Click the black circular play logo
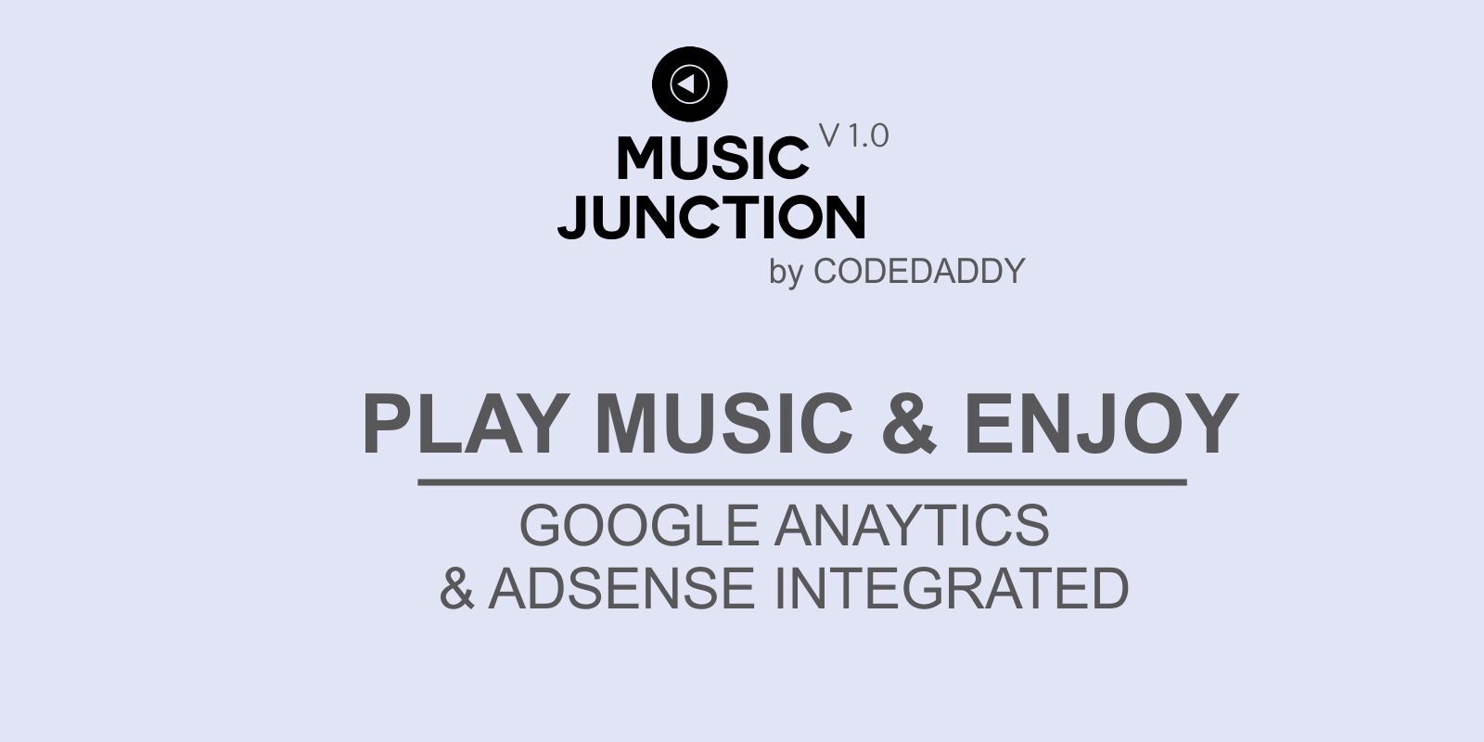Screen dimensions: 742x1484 [690, 84]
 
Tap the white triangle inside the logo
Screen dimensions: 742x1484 [686, 84]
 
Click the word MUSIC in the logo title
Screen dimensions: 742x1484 [712, 158]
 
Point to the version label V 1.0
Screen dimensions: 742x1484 [854, 136]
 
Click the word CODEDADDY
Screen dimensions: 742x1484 [918, 271]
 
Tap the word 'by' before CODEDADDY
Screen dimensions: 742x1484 [786, 273]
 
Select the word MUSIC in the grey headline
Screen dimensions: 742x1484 [724, 424]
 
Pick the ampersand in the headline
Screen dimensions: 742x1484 [908, 424]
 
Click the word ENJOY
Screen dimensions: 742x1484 [1102, 424]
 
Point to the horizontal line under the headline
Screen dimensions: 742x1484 [802, 482]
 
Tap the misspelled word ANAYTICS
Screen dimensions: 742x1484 [912, 525]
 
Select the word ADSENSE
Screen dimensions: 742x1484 [621, 588]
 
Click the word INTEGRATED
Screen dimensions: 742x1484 [952, 588]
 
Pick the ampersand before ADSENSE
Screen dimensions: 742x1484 [456, 588]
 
